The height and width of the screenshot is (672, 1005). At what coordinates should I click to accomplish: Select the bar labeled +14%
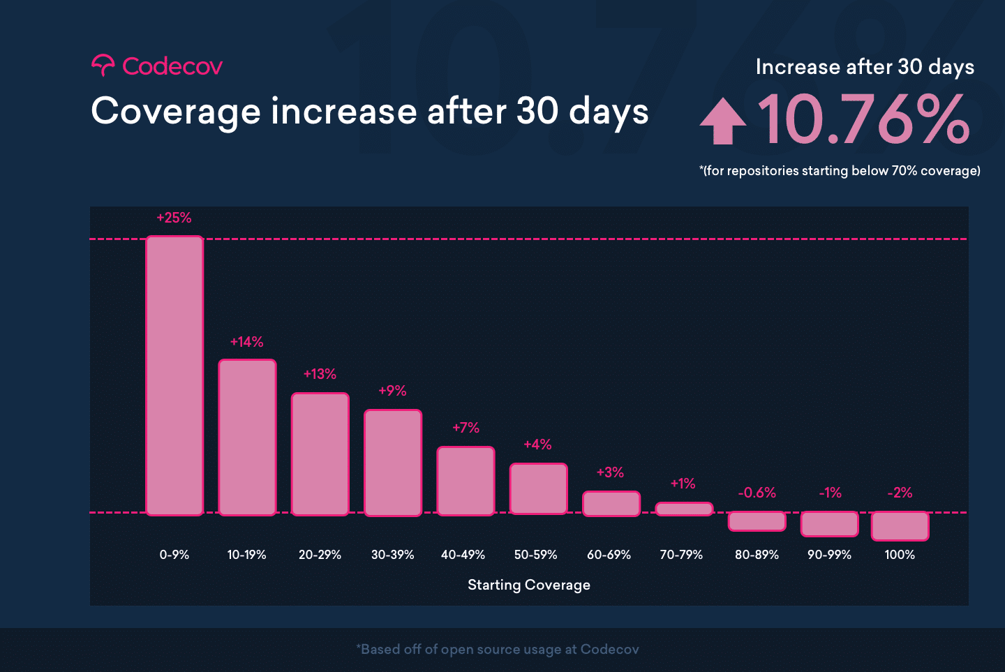click(247, 438)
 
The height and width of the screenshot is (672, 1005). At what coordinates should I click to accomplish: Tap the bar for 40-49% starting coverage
click(466, 481)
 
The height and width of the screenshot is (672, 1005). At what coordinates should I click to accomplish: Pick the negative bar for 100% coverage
click(900, 526)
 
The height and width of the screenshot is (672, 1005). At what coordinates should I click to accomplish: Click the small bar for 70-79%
click(684, 509)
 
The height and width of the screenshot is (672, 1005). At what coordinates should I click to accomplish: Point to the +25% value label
click(174, 218)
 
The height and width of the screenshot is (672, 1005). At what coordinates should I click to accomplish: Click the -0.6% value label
click(757, 493)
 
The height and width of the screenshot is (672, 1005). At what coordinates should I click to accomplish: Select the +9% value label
click(392, 391)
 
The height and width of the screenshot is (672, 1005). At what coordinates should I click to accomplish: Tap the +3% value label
click(610, 472)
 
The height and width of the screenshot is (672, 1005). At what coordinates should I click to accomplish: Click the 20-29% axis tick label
click(320, 555)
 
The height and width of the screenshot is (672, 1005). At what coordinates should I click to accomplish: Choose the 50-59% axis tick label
click(535, 555)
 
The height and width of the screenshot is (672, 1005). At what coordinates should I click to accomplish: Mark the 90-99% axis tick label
click(829, 555)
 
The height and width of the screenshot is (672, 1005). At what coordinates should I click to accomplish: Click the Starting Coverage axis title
click(528, 585)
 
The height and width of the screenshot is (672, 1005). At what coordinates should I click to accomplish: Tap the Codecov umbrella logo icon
click(103, 66)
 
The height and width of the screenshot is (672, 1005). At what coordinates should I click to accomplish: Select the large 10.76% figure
click(864, 120)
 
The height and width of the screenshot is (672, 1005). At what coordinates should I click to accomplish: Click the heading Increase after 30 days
click(865, 67)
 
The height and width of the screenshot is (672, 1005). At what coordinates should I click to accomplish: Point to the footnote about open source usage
click(498, 650)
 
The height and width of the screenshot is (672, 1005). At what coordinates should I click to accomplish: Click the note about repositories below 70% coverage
click(840, 171)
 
